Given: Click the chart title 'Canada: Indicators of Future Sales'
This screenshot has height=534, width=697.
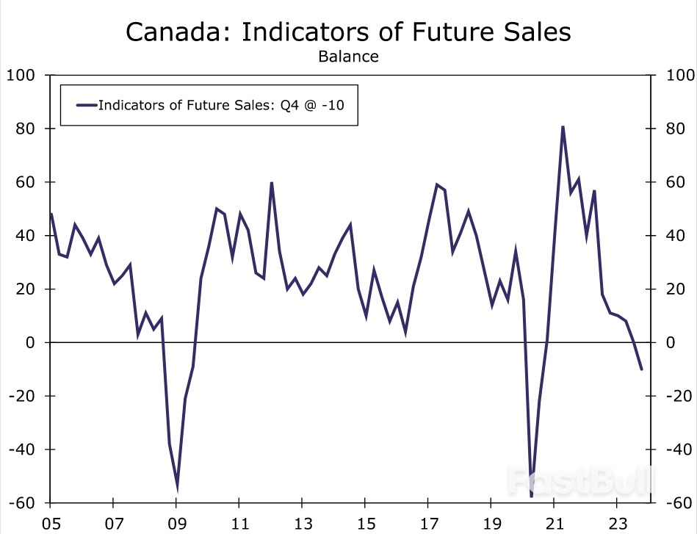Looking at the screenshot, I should [348, 32].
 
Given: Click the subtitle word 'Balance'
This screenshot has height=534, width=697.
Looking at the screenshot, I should [348, 57].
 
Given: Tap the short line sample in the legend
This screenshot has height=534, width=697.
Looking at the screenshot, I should [86, 104].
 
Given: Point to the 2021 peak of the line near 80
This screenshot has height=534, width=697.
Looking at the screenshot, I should [563, 126].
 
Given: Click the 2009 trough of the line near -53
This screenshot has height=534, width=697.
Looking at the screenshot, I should [177, 486].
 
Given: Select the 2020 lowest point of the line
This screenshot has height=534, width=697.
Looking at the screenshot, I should [531, 497].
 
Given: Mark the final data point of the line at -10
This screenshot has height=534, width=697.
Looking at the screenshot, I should [641, 369].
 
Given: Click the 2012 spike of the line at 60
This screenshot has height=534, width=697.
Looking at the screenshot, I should [272, 182].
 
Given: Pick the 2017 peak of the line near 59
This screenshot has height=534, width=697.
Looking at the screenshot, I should [437, 184].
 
